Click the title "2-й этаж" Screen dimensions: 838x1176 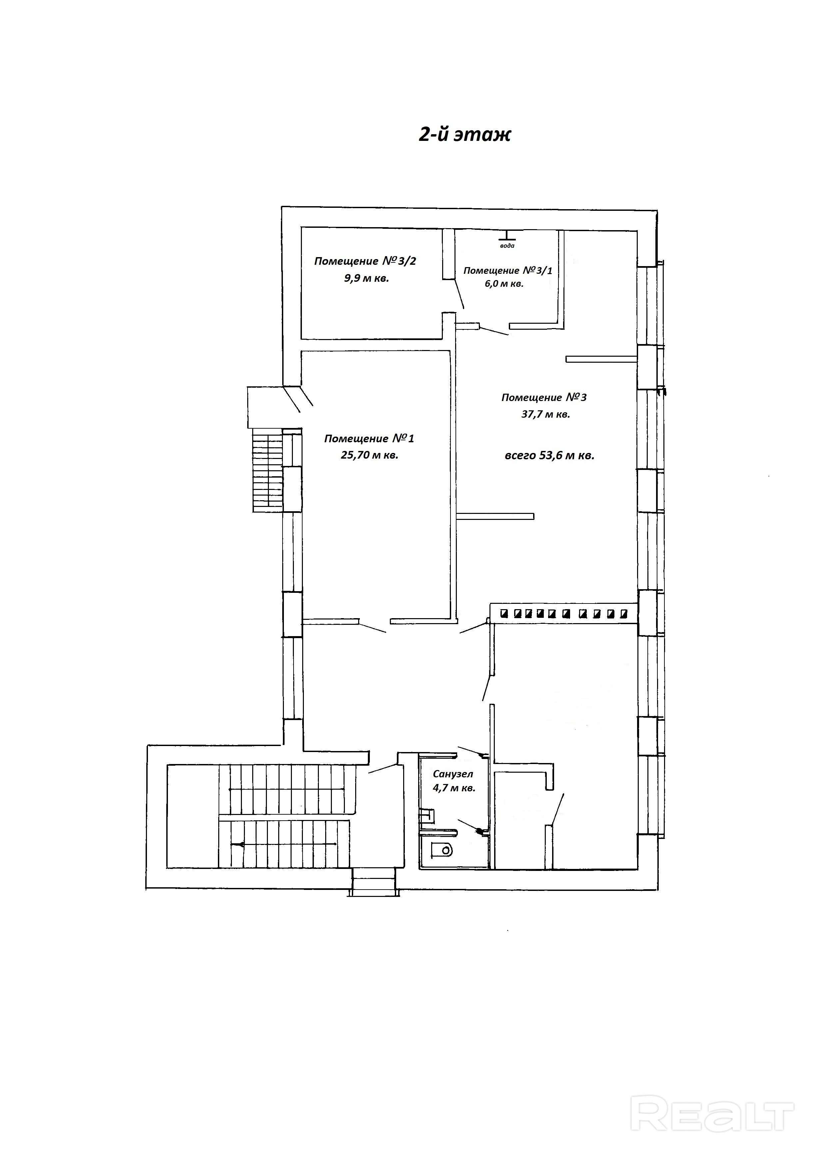click(x=465, y=135)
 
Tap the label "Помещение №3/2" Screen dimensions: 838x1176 click(x=365, y=261)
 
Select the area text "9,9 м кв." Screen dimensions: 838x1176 click(x=367, y=278)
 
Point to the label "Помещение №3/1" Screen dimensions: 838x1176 click(x=508, y=270)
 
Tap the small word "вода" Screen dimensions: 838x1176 click(x=507, y=245)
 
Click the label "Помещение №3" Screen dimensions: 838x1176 click(x=544, y=397)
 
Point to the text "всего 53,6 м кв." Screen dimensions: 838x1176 click(x=549, y=455)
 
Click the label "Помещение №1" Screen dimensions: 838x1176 click(x=369, y=438)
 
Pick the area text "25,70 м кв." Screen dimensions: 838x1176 click(x=370, y=455)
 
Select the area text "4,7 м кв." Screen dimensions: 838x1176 click(x=454, y=788)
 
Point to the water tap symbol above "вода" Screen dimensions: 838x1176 click(x=507, y=236)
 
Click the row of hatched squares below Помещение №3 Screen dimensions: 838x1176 click(x=564, y=613)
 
